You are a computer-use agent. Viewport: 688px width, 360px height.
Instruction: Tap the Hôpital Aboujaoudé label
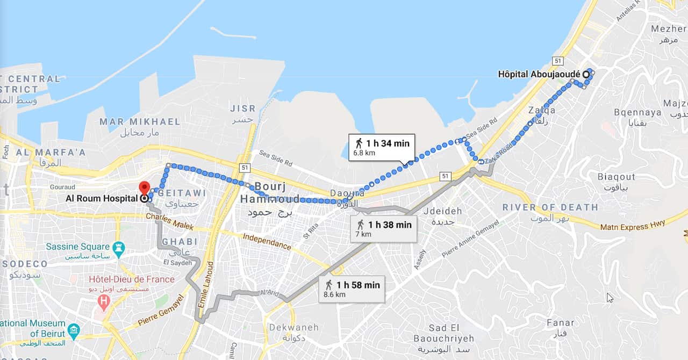click(x=540, y=74)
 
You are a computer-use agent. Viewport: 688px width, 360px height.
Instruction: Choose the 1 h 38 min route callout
click(x=384, y=229)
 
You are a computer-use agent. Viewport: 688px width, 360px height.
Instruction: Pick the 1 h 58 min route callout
click(x=352, y=289)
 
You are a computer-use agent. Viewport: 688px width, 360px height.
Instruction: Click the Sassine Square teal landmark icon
click(x=119, y=248)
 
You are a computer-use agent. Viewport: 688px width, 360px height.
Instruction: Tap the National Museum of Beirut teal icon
click(x=74, y=329)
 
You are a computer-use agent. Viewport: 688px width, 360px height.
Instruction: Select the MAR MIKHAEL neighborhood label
click(x=140, y=121)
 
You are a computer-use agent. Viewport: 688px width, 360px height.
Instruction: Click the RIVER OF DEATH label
click(x=550, y=207)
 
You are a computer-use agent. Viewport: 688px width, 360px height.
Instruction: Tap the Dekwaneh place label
click(x=293, y=327)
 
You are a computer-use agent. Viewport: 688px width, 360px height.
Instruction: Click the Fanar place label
click(x=560, y=323)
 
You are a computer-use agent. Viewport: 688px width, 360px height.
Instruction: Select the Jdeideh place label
click(x=442, y=211)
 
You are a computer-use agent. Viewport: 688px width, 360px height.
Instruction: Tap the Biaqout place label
click(x=616, y=177)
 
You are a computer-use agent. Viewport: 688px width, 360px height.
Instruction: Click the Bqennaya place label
click(x=637, y=112)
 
